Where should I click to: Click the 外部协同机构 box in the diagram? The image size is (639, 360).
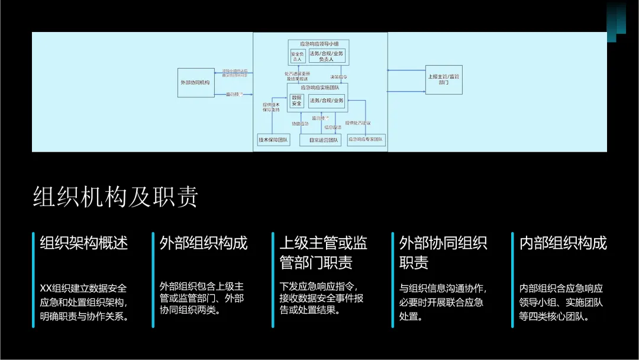point(195,82)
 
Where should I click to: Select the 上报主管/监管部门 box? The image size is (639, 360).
point(443,79)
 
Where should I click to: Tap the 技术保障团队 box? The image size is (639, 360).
point(273,140)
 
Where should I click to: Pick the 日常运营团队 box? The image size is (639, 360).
point(319,140)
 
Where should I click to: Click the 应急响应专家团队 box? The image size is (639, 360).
point(366,140)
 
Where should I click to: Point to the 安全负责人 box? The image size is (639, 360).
point(297,56)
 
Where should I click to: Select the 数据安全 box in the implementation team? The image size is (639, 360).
point(296,101)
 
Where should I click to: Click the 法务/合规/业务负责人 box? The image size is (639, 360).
point(326,56)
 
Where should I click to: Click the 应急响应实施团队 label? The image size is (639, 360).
point(317,87)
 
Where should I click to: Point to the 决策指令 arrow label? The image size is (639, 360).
point(339,77)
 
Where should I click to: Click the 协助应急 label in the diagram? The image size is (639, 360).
point(299,124)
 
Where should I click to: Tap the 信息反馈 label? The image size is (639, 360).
point(332,127)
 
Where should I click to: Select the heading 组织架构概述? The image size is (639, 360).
point(84,243)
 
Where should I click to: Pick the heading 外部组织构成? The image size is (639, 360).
point(204,243)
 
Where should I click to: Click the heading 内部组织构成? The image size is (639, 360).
point(563,243)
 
